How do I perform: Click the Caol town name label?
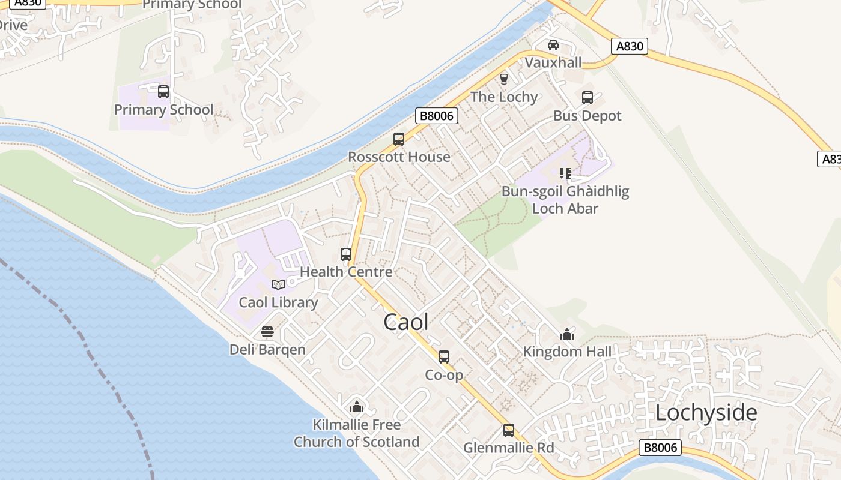coord(406,322)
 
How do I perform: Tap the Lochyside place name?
coord(706,413)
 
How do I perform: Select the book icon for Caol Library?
coord(278,284)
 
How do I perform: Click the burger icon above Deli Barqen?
coord(267,332)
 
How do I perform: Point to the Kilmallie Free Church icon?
coord(357,407)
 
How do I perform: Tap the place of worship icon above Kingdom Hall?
coord(567,334)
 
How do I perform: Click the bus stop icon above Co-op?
coord(444,357)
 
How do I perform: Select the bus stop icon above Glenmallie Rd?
coord(509,430)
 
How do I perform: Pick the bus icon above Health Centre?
coord(346,254)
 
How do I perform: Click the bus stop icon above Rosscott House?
coord(399,139)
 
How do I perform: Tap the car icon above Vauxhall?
coord(553,45)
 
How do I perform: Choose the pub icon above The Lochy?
coord(504,79)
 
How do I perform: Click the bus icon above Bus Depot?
coord(587,98)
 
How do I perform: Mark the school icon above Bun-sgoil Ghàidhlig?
coord(565,173)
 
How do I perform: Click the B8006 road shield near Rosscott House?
coord(437,116)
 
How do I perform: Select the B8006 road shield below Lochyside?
coord(660,448)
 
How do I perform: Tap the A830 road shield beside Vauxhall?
coord(630,46)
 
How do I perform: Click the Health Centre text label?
coord(346,272)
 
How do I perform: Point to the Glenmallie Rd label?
coord(508,448)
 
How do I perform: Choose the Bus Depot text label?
coord(587,116)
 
